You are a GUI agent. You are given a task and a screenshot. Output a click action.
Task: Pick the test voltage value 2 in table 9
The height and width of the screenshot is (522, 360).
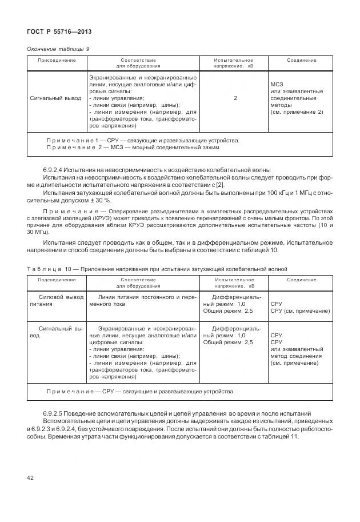coord(235,98)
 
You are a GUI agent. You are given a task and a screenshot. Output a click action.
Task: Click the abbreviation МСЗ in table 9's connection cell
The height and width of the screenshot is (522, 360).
coord(277,85)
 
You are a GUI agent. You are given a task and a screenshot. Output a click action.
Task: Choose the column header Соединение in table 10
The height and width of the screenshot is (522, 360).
coord(301,280)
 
